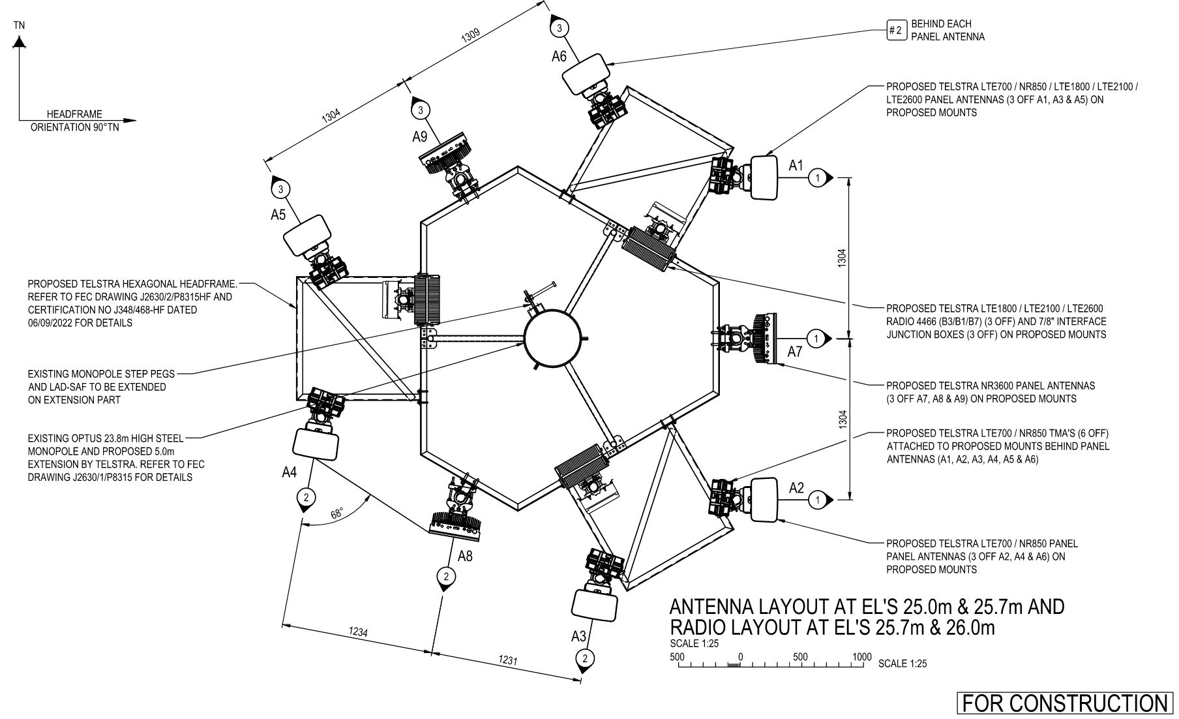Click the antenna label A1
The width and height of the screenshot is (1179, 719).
click(x=796, y=166)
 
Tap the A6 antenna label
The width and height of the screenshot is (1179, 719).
click(x=559, y=56)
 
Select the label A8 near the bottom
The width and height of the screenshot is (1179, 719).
click(x=465, y=557)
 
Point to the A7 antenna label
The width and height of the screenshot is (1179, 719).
click(x=794, y=352)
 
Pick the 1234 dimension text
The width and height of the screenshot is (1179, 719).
click(x=358, y=632)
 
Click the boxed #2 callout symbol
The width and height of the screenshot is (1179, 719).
click(x=897, y=30)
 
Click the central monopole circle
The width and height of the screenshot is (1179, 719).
click(x=552, y=338)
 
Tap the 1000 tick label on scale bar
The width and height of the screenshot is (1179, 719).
click(x=861, y=657)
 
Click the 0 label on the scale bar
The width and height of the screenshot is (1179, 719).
click(x=741, y=657)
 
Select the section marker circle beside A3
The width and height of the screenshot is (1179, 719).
click(x=585, y=658)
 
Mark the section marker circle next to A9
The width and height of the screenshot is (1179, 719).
click(x=421, y=110)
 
